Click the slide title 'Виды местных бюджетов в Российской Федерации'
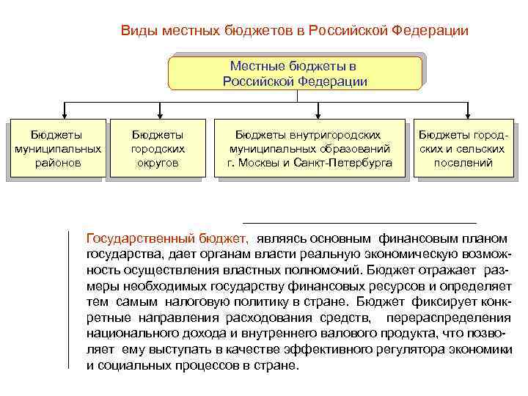[294, 31]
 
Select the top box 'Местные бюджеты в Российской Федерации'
[295, 73]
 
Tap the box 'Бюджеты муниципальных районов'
[56, 149]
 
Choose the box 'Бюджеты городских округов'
[157, 149]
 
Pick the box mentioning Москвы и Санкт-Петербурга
[308, 149]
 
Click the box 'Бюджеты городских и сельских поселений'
[462, 149]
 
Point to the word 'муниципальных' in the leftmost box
[57, 149]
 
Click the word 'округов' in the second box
[157, 163]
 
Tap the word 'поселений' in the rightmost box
[463, 163]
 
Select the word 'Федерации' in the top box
[331, 81]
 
